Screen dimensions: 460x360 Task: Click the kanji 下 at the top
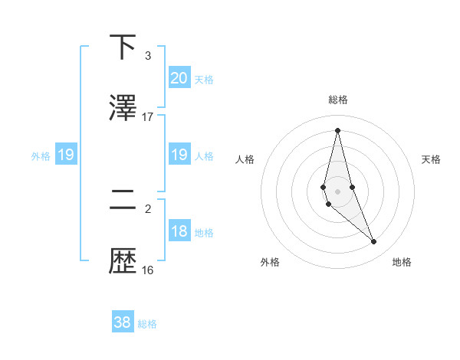tap(123, 47)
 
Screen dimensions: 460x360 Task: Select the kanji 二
tap(123, 200)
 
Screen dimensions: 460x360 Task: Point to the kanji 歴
tap(123, 260)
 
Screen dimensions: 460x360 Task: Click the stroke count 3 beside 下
tap(148, 56)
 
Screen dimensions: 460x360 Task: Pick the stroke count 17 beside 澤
tap(148, 117)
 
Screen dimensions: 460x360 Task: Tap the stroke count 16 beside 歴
tap(148, 270)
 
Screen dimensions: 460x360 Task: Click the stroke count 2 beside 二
tap(148, 208)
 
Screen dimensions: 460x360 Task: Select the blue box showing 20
tap(179, 77)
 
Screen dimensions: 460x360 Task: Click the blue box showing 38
tap(123, 322)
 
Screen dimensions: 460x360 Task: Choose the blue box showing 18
tap(179, 231)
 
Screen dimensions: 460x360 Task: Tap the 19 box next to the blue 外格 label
tap(65, 155)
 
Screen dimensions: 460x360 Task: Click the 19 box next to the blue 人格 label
tap(179, 155)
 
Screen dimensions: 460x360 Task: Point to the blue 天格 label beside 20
tap(204, 80)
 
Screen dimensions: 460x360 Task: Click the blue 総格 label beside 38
tap(147, 325)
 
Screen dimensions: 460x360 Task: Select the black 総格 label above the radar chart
tap(338, 100)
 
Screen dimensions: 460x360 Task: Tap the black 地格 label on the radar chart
tap(402, 262)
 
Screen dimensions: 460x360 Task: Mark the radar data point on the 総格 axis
tap(337, 130)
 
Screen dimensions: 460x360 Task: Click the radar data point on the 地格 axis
tap(374, 242)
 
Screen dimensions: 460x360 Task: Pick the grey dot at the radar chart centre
tap(337, 191)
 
